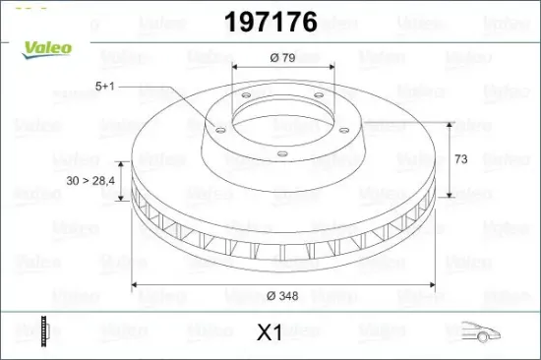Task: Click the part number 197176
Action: pos(270,22)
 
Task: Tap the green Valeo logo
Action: pos(47,50)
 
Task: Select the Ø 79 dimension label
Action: pos(282,57)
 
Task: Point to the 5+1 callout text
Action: pos(104,86)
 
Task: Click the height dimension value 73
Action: pos(461,159)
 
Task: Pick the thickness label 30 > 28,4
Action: pos(90,181)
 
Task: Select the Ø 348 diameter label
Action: pos(282,296)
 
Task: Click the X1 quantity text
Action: pos(270,332)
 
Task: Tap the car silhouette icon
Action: pos(481,331)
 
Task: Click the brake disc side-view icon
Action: pos(45,331)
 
